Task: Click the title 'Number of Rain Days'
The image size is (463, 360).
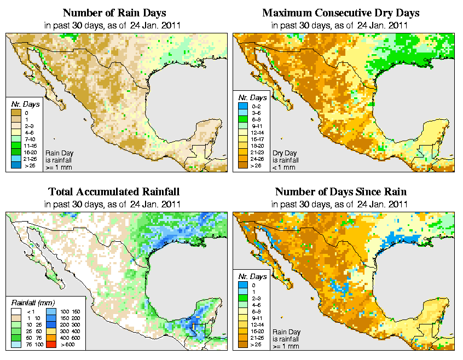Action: (114, 13)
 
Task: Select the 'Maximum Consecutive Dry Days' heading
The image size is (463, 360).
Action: (341, 13)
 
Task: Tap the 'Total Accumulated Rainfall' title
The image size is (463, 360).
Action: (114, 192)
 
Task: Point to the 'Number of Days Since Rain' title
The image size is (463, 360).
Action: (341, 192)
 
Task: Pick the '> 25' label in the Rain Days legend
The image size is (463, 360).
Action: (29, 165)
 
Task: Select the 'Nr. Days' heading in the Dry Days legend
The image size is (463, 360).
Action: (254, 97)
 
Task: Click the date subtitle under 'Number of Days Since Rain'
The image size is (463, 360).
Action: (341, 205)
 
